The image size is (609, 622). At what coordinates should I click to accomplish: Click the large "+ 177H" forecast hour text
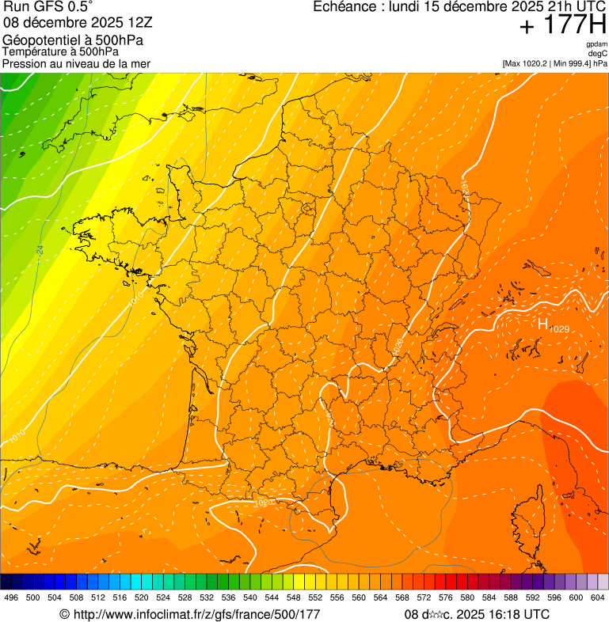562,25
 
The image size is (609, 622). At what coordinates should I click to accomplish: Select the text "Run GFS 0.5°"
48,8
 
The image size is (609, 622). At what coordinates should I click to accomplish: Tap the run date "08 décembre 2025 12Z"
83,23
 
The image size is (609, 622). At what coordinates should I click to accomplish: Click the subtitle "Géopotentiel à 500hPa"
73,40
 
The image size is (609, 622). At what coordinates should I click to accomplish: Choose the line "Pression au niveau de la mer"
76,63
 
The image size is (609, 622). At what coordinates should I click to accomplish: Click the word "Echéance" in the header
343,7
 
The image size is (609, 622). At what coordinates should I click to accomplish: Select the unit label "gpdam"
596,44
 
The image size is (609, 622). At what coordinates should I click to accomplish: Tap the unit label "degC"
598,53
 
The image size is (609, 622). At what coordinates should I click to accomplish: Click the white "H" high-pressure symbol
543,324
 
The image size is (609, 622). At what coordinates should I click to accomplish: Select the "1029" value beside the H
559,329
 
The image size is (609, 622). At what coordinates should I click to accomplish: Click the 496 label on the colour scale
11,597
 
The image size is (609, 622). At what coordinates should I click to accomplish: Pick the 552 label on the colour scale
315,597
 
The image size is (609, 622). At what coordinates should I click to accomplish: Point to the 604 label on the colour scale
598,597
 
